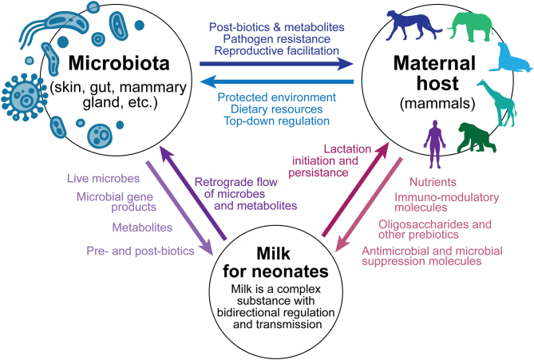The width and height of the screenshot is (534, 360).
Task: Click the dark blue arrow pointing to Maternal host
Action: tap(276, 61)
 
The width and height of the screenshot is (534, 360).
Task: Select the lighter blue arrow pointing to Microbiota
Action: tap(276, 79)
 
